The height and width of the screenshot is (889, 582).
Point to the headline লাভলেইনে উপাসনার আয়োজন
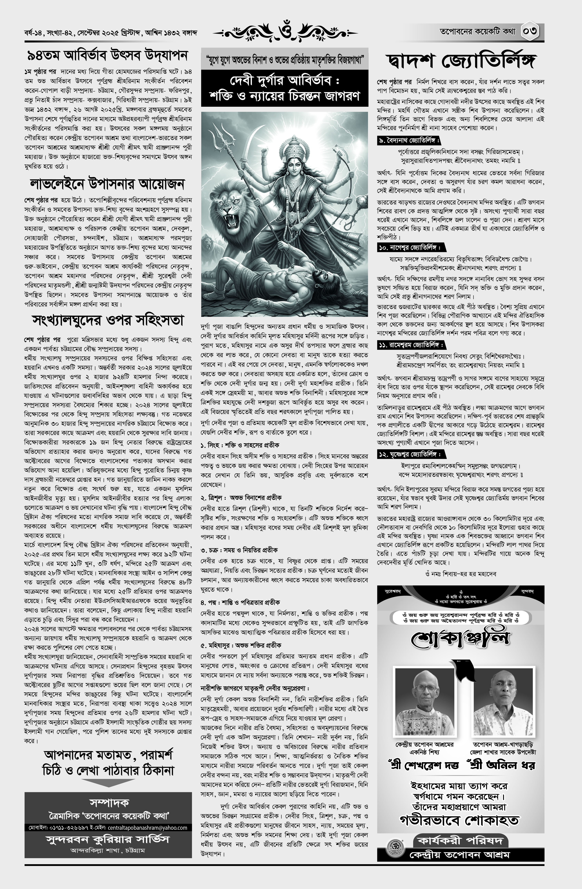pos(107,184)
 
